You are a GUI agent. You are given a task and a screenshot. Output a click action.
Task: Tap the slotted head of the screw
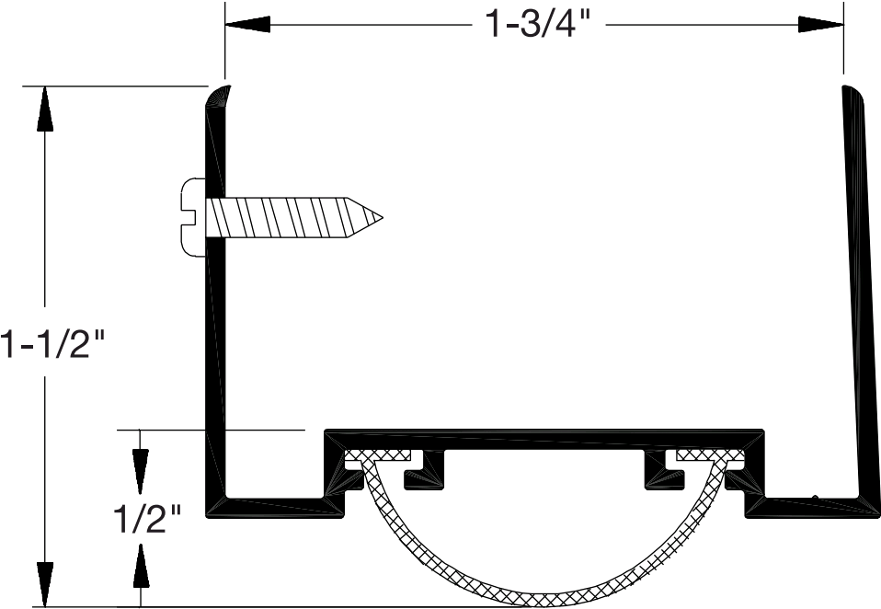point(192,215)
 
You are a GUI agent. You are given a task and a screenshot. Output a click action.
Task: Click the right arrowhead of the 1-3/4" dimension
point(820,25)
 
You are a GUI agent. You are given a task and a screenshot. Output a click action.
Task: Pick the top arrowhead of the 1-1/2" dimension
point(41,109)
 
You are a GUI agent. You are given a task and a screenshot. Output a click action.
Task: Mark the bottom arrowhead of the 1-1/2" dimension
point(41,583)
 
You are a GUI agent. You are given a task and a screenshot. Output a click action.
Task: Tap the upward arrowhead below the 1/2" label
point(140,566)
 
